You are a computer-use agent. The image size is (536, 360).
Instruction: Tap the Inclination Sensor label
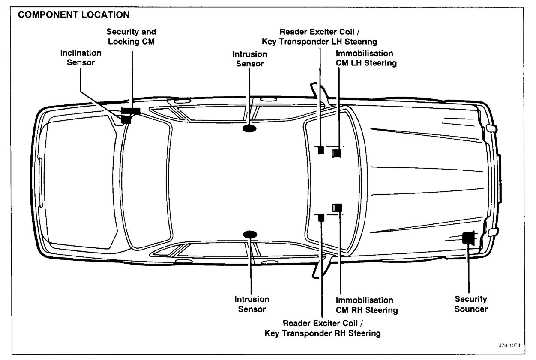(81, 57)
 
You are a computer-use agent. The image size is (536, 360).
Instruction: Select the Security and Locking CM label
(131, 37)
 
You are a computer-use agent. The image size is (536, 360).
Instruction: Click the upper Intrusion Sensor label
(250, 59)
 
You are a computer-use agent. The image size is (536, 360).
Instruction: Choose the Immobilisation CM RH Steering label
(365, 305)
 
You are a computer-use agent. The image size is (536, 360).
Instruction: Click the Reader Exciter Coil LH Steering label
(323, 37)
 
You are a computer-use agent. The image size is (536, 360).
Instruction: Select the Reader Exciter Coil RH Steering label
(323, 327)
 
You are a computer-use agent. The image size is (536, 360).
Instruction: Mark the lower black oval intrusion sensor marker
(250, 234)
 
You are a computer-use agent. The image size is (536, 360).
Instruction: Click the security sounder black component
(469, 238)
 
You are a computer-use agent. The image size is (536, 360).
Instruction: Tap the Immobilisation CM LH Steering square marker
(337, 152)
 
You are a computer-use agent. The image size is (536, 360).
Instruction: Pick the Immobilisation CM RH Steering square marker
(338, 208)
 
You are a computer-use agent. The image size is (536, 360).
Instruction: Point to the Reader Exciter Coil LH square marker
(321, 150)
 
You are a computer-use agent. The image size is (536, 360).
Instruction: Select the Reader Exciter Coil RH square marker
(321, 217)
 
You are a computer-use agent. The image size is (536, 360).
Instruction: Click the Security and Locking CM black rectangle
(130, 111)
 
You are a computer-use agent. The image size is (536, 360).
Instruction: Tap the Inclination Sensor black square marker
(126, 119)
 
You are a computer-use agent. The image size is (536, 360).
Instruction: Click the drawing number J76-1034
(510, 346)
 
